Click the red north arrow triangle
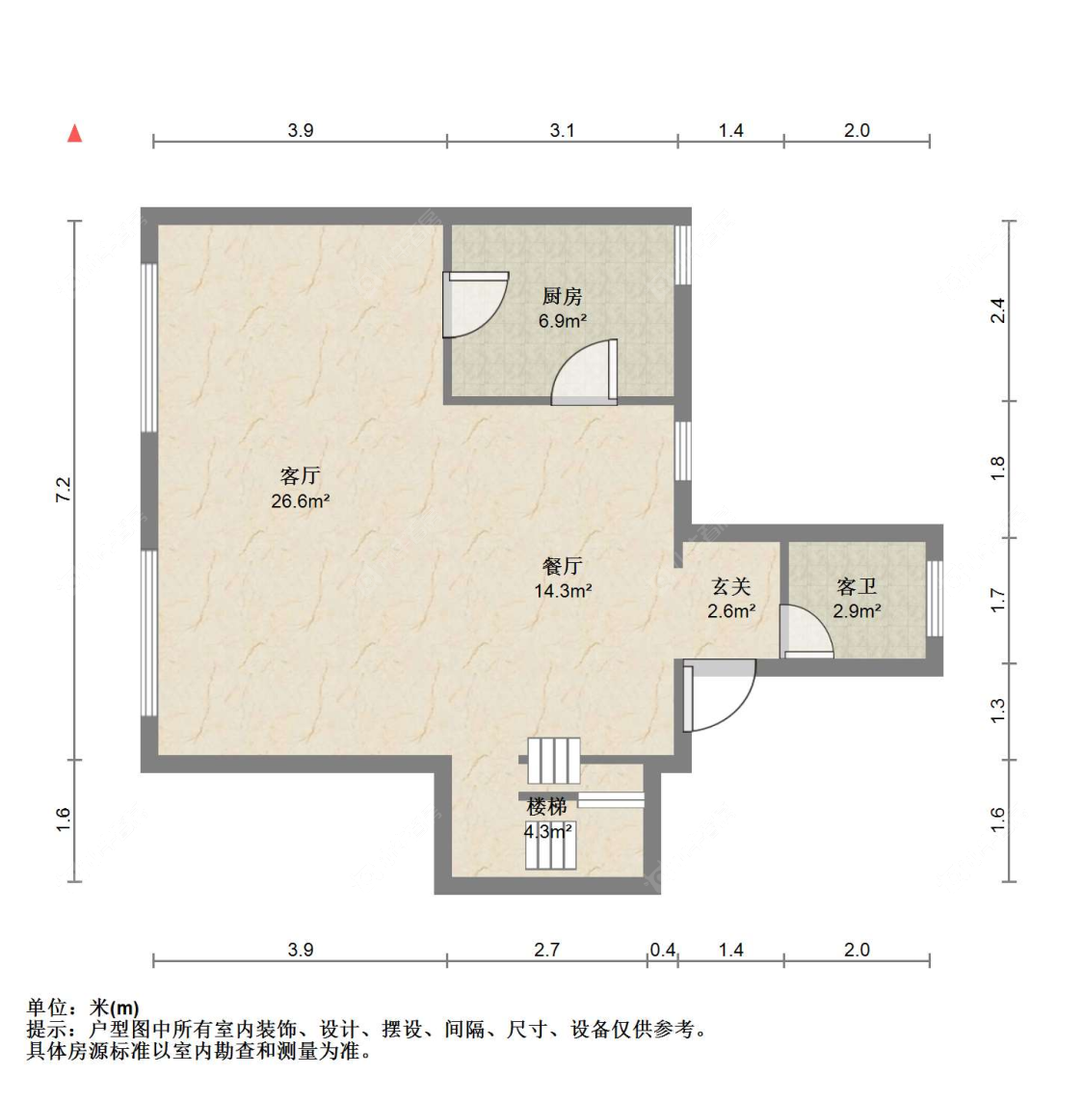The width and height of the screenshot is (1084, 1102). [74, 133]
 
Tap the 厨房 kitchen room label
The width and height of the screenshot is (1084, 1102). [562, 297]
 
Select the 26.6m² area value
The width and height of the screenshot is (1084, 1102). [300, 501]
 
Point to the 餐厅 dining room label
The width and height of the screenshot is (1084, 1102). [562, 566]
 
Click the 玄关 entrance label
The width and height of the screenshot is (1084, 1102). [730, 586]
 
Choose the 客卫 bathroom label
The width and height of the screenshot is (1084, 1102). [857, 586]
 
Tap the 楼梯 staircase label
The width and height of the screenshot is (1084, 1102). [546, 806]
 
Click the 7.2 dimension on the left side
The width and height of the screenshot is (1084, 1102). [64, 490]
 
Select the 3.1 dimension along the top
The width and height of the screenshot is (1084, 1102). [562, 130]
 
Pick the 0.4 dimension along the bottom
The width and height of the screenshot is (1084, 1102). [662, 951]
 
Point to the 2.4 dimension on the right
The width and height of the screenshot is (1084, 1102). [997, 310]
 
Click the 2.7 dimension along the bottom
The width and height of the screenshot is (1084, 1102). [546, 951]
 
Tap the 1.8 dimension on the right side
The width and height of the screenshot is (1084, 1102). [997, 469]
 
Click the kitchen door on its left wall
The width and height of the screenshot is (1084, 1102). [475, 305]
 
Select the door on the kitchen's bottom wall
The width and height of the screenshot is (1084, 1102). [585, 372]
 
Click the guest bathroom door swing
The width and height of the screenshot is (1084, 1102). [806, 632]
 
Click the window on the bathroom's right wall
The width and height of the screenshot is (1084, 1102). [935, 598]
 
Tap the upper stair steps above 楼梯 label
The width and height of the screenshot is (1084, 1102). [554, 761]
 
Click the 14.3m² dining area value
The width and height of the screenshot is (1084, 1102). [563, 591]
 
